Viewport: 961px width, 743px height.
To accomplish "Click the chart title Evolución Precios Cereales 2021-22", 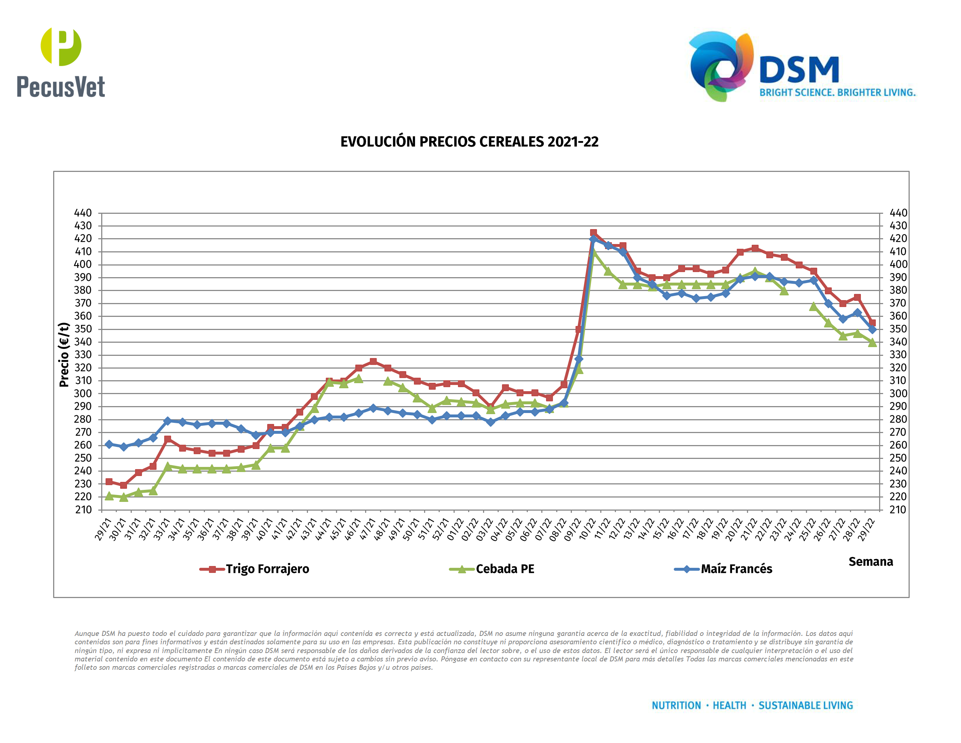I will [469, 142].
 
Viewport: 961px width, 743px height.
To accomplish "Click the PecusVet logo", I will [61, 63].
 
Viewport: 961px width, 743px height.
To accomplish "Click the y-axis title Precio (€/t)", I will [64, 355].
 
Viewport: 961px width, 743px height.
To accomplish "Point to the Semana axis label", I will [870, 562].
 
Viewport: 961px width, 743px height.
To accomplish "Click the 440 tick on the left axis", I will [83, 213].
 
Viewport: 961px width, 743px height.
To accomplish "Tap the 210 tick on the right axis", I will [898, 510].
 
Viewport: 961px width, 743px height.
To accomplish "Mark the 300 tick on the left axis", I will [83, 393].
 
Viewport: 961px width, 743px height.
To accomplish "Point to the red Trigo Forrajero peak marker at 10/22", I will [593, 233].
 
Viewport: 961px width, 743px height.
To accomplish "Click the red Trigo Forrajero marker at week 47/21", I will [373, 361].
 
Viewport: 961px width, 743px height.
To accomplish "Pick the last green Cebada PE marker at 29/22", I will [872, 343].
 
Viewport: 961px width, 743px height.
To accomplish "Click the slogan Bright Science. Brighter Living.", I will [837, 93].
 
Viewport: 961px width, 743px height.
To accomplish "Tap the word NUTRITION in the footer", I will [676, 705].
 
